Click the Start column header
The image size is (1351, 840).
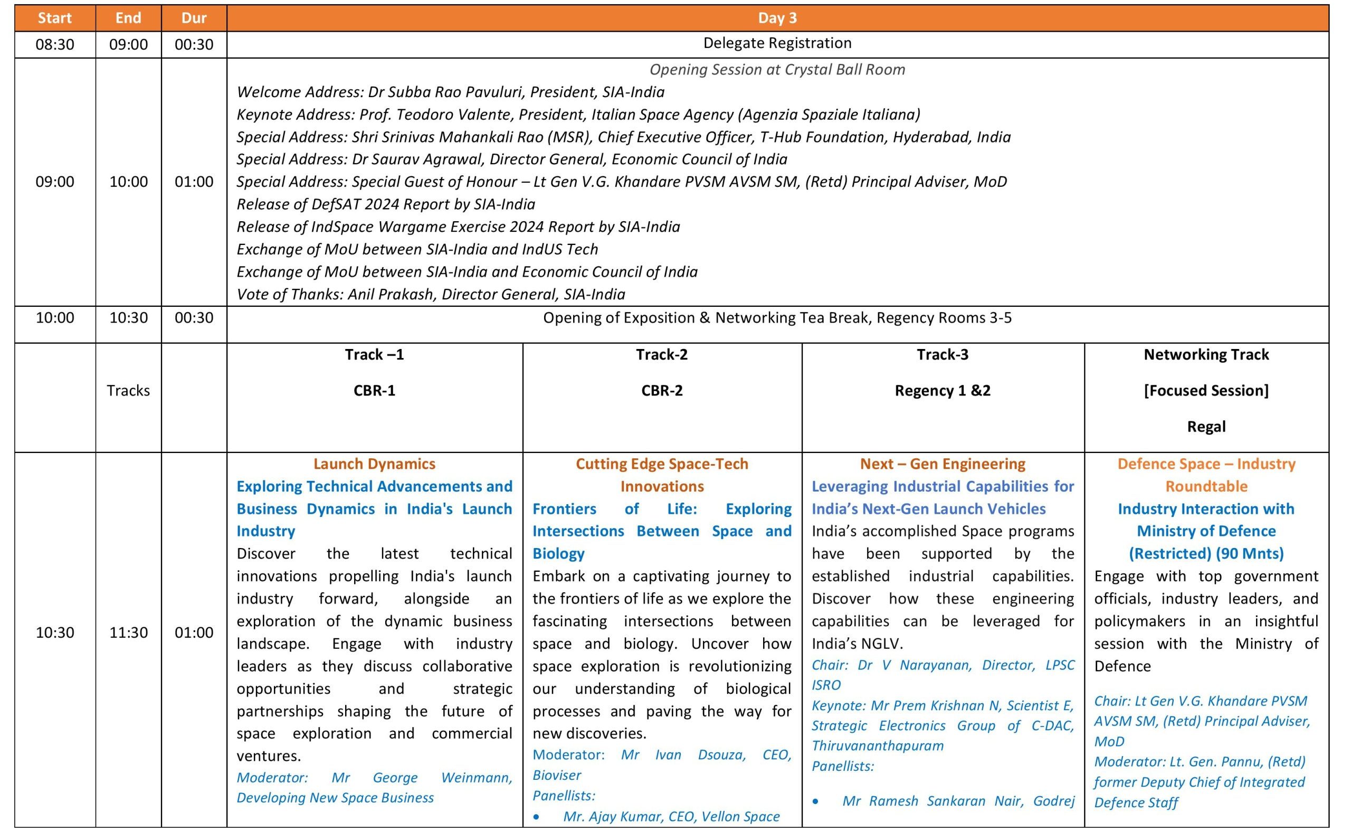pos(54,18)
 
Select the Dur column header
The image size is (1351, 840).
pos(194,18)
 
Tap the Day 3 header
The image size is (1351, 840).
pos(777,18)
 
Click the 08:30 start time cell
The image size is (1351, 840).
pos(54,44)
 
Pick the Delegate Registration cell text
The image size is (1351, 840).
pos(777,43)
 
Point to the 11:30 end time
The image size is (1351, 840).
pos(128,632)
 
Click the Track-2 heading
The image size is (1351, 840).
pos(661,354)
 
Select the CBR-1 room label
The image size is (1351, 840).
pos(374,391)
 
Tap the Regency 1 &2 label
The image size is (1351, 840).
pos(943,391)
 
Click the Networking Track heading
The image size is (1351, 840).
pos(1206,354)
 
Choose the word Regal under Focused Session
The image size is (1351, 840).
pos(1206,427)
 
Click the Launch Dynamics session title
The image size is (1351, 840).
pos(374,464)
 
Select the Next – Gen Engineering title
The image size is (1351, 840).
pos(943,464)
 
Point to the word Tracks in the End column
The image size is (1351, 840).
pos(128,391)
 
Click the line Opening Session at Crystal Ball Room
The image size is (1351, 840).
pos(777,70)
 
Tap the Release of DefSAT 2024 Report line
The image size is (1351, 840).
pos(386,204)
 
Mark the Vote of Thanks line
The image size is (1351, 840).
pos(431,295)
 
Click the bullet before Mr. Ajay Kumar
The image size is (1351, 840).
pos(536,817)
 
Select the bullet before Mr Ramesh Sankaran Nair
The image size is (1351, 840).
pos(815,801)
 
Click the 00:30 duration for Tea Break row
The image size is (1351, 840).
pos(194,318)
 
